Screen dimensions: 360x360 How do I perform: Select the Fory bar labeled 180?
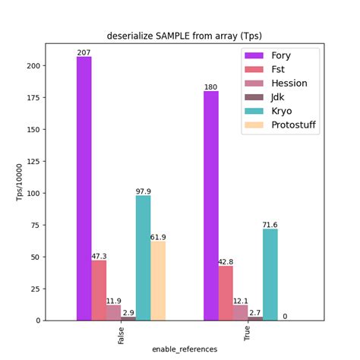click(x=210, y=205)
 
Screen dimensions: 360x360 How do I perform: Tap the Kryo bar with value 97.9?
click(x=143, y=257)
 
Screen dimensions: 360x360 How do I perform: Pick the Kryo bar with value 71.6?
click(x=270, y=274)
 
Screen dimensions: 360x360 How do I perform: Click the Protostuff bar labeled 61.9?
click(x=158, y=280)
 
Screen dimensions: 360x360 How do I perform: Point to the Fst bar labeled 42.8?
click(x=226, y=292)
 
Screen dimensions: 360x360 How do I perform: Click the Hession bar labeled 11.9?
click(x=113, y=312)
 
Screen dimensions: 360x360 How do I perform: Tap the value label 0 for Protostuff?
click(x=284, y=316)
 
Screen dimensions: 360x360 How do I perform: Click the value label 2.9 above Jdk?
click(x=128, y=313)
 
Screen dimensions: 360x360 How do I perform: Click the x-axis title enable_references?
click(x=185, y=349)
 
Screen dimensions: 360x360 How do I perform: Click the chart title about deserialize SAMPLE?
click(x=185, y=36)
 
